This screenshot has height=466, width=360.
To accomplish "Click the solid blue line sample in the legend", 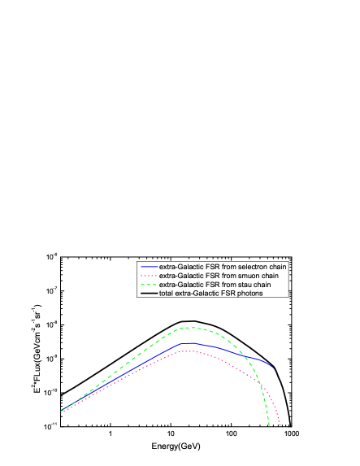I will click(x=149, y=267).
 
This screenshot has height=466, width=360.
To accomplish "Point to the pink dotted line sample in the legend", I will click(x=149, y=276).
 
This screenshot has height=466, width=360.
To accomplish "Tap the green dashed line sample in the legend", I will click(x=149, y=285).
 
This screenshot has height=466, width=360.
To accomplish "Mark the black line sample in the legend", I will click(x=149, y=293).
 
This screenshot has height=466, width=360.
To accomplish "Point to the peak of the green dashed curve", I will click(x=191, y=328).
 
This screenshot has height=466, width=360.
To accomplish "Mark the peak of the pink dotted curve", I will click(x=189, y=351).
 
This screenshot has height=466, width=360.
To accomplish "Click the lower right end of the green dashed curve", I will click(x=270, y=424).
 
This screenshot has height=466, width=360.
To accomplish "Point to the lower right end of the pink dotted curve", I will click(x=280, y=425).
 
